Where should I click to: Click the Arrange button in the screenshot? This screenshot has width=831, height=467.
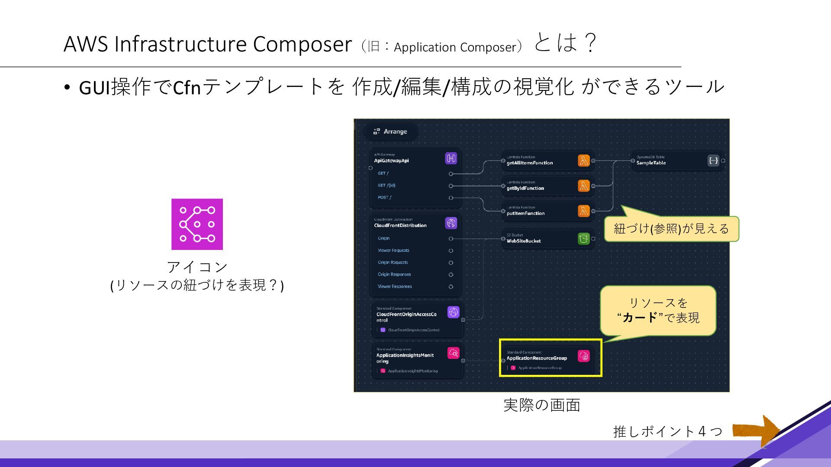[x=391, y=131]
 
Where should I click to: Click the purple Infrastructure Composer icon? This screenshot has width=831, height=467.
[x=197, y=224]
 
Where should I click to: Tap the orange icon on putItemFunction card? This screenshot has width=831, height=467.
[x=583, y=211]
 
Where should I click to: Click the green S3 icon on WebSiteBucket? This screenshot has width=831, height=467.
[x=583, y=238]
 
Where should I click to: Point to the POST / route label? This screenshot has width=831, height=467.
[x=384, y=198]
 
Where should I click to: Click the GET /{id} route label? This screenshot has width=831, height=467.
[x=387, y=186]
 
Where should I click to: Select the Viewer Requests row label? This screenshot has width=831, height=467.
[x=393, y=250]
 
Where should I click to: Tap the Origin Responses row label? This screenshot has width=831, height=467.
[x=394, y=275]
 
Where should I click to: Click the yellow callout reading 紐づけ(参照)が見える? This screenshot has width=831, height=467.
[x=671, y=229]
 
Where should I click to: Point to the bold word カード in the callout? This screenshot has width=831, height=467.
[x=640, y=318]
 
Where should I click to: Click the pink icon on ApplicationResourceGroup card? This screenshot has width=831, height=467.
[x=583, y=356]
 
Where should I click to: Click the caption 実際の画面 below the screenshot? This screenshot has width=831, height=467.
[x=541, y=405]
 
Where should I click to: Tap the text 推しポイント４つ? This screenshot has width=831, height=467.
[x=668, y=431]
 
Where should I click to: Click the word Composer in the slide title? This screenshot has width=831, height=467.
[x=302, y=44]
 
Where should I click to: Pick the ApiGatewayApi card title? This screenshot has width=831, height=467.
[x=391, y=161]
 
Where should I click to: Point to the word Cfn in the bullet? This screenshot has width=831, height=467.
[x=187, y=87]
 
